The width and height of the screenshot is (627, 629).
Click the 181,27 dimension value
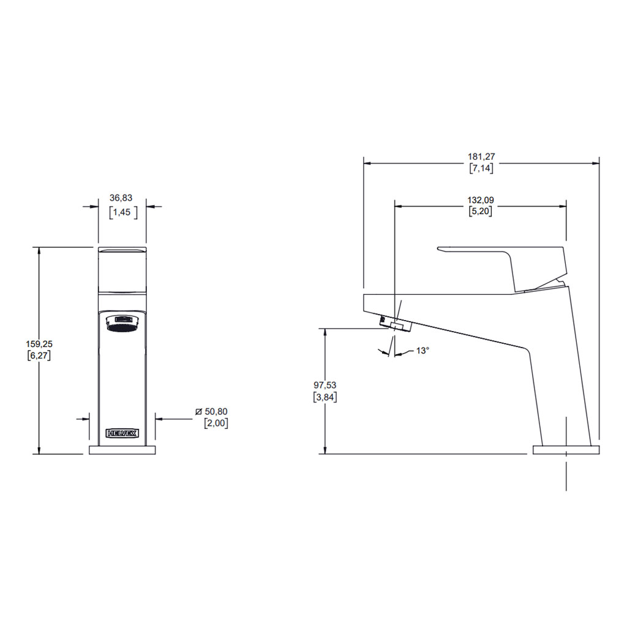481,157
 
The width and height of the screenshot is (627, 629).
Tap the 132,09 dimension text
481,199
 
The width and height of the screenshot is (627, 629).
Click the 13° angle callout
422,351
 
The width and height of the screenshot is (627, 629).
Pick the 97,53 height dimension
325,385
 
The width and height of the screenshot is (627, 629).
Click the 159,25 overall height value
39,344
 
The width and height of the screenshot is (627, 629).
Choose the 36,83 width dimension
121,198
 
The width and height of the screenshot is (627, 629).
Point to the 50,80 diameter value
216,412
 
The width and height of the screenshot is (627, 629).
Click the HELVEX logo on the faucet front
122,433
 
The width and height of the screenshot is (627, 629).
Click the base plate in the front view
122,450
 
